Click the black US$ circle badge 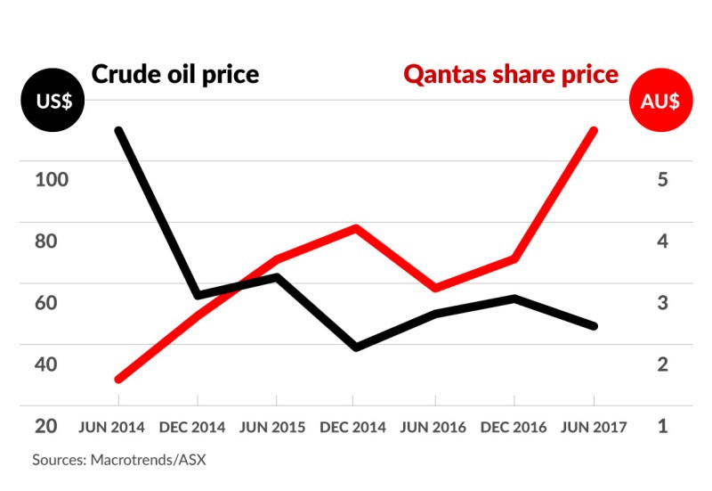pyautogui.click(x=53, y=101)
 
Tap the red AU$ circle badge pyautogui.click(x=659, y=101)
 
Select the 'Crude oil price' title pyautogui.click(x=174, y=73)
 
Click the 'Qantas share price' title pyautogui.click(x=511, y=73)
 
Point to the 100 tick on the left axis pyautogui.click(x=51, y=179)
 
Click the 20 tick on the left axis pyautogui.click(x=46, y=426)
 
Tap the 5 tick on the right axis pyautogui.click(x=662, y=179)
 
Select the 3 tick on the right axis pyautogui.click(x=662, y=302)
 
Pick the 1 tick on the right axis pyautogui.click(x=662, y=426)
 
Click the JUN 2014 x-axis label pyautogui.click(x=111, y=427)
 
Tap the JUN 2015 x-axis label pyautogui.click(x=272, y=427)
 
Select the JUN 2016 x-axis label pyautogui.click(x=433, y=427)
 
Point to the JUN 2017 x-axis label pyautogui.click(x=594, y=427)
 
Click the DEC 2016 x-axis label pyautogui.click(x=514, y=427)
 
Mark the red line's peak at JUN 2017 pyautogui.click(x=594, y=131)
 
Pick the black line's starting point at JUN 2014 pyautogui.click(x=118, y=131)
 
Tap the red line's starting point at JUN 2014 pyautogui.click(x=118, y=379)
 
